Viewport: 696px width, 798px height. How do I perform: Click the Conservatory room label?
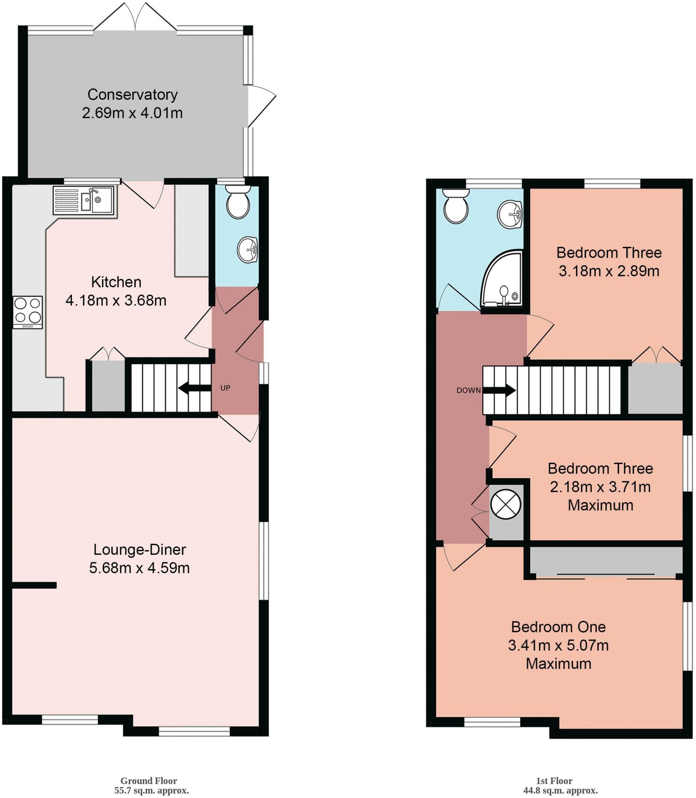pos(132,95)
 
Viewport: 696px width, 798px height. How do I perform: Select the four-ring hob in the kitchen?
pos(28,312)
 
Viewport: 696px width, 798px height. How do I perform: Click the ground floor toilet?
pos(238,203)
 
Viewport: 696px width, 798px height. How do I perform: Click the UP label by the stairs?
pos(225,388)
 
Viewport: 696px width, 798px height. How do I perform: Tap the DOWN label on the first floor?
pos(468,390)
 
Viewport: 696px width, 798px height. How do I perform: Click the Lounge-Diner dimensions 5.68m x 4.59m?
pos(139,568)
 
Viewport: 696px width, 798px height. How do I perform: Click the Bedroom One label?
pos(558,627)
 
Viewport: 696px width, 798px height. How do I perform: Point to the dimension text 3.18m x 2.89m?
pos(609,271)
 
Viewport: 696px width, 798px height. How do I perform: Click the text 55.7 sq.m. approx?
pos(151,791)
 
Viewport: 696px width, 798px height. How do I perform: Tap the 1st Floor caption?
pos(554,780)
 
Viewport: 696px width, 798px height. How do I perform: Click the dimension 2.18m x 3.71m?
pos(600,487)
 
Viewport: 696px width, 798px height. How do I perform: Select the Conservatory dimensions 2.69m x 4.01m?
pos(132,113)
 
